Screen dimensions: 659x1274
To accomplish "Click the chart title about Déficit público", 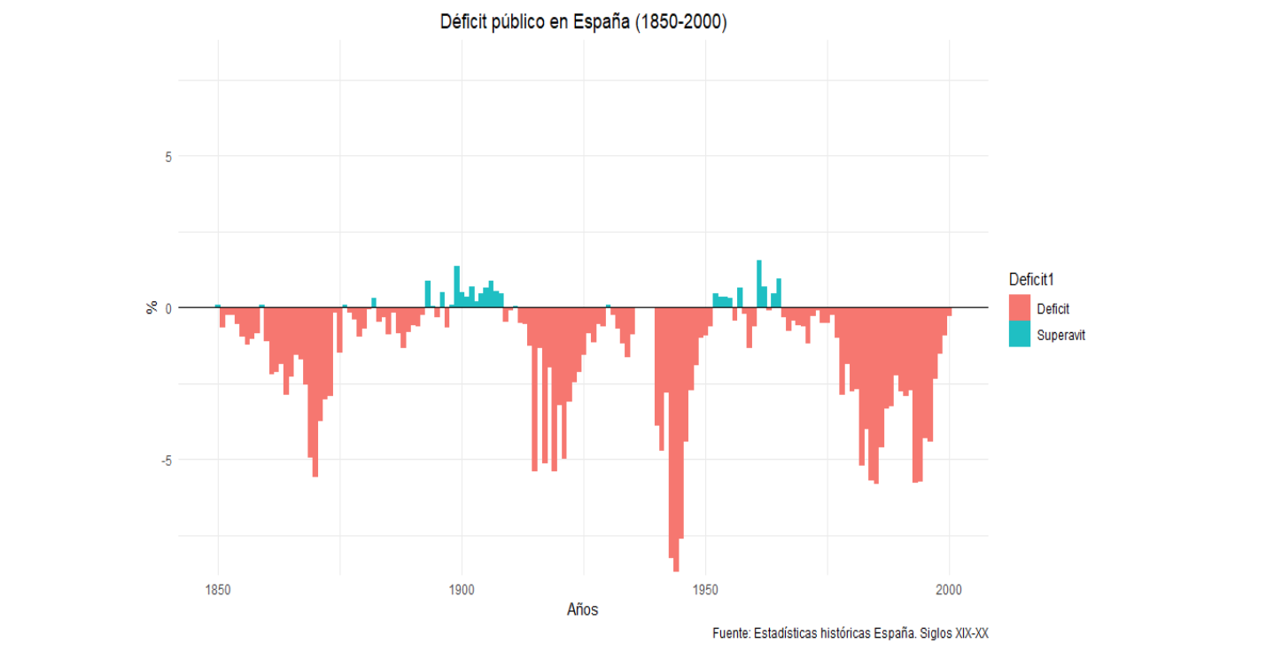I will coord(583,23).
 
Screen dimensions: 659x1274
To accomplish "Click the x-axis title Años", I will coord(582,609).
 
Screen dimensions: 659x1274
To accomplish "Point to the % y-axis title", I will coord(151,308).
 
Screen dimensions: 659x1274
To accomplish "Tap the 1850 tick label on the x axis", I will coord(218,589).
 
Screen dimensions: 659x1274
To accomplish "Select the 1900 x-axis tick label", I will coord(462,589).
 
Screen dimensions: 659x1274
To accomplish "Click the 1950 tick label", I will coord(705,589).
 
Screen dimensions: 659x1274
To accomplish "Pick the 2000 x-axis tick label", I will coord(949,589).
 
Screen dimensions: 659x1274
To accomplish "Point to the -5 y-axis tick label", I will coord(165,460).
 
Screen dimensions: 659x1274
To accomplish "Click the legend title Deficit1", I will coord(1031,280).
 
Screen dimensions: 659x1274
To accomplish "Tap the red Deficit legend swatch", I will coord(1019,308).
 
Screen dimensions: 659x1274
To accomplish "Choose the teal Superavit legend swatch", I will coord(1019,335).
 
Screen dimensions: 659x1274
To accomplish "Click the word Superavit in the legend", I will coord(1060,336).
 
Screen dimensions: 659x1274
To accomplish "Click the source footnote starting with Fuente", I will coord(850,633).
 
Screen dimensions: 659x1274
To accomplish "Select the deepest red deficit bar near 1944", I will coord(676,443).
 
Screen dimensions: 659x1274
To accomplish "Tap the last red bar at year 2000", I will coord(949,312).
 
